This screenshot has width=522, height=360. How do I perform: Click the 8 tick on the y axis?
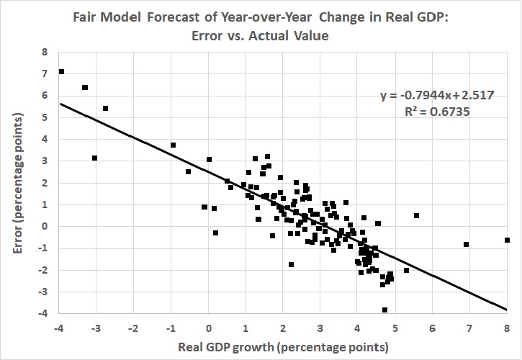[45, 52]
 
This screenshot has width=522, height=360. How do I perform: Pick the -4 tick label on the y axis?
[43, 313]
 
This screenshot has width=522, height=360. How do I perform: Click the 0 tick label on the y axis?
[45, 226]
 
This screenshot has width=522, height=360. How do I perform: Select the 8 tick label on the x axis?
[507, 328]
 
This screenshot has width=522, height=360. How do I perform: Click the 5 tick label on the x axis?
[395, 328]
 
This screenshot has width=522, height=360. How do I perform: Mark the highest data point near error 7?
[62, 71]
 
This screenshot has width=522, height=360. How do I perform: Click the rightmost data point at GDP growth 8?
[507, 240]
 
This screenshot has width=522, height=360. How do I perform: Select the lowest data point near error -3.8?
[384, 310]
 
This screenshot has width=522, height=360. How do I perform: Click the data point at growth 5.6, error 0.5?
[416, 215]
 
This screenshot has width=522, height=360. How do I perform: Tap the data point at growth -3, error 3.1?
[94, 158]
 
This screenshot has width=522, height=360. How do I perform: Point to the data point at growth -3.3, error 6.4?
[85, 87]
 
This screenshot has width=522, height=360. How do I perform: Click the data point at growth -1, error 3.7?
[173, 145]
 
